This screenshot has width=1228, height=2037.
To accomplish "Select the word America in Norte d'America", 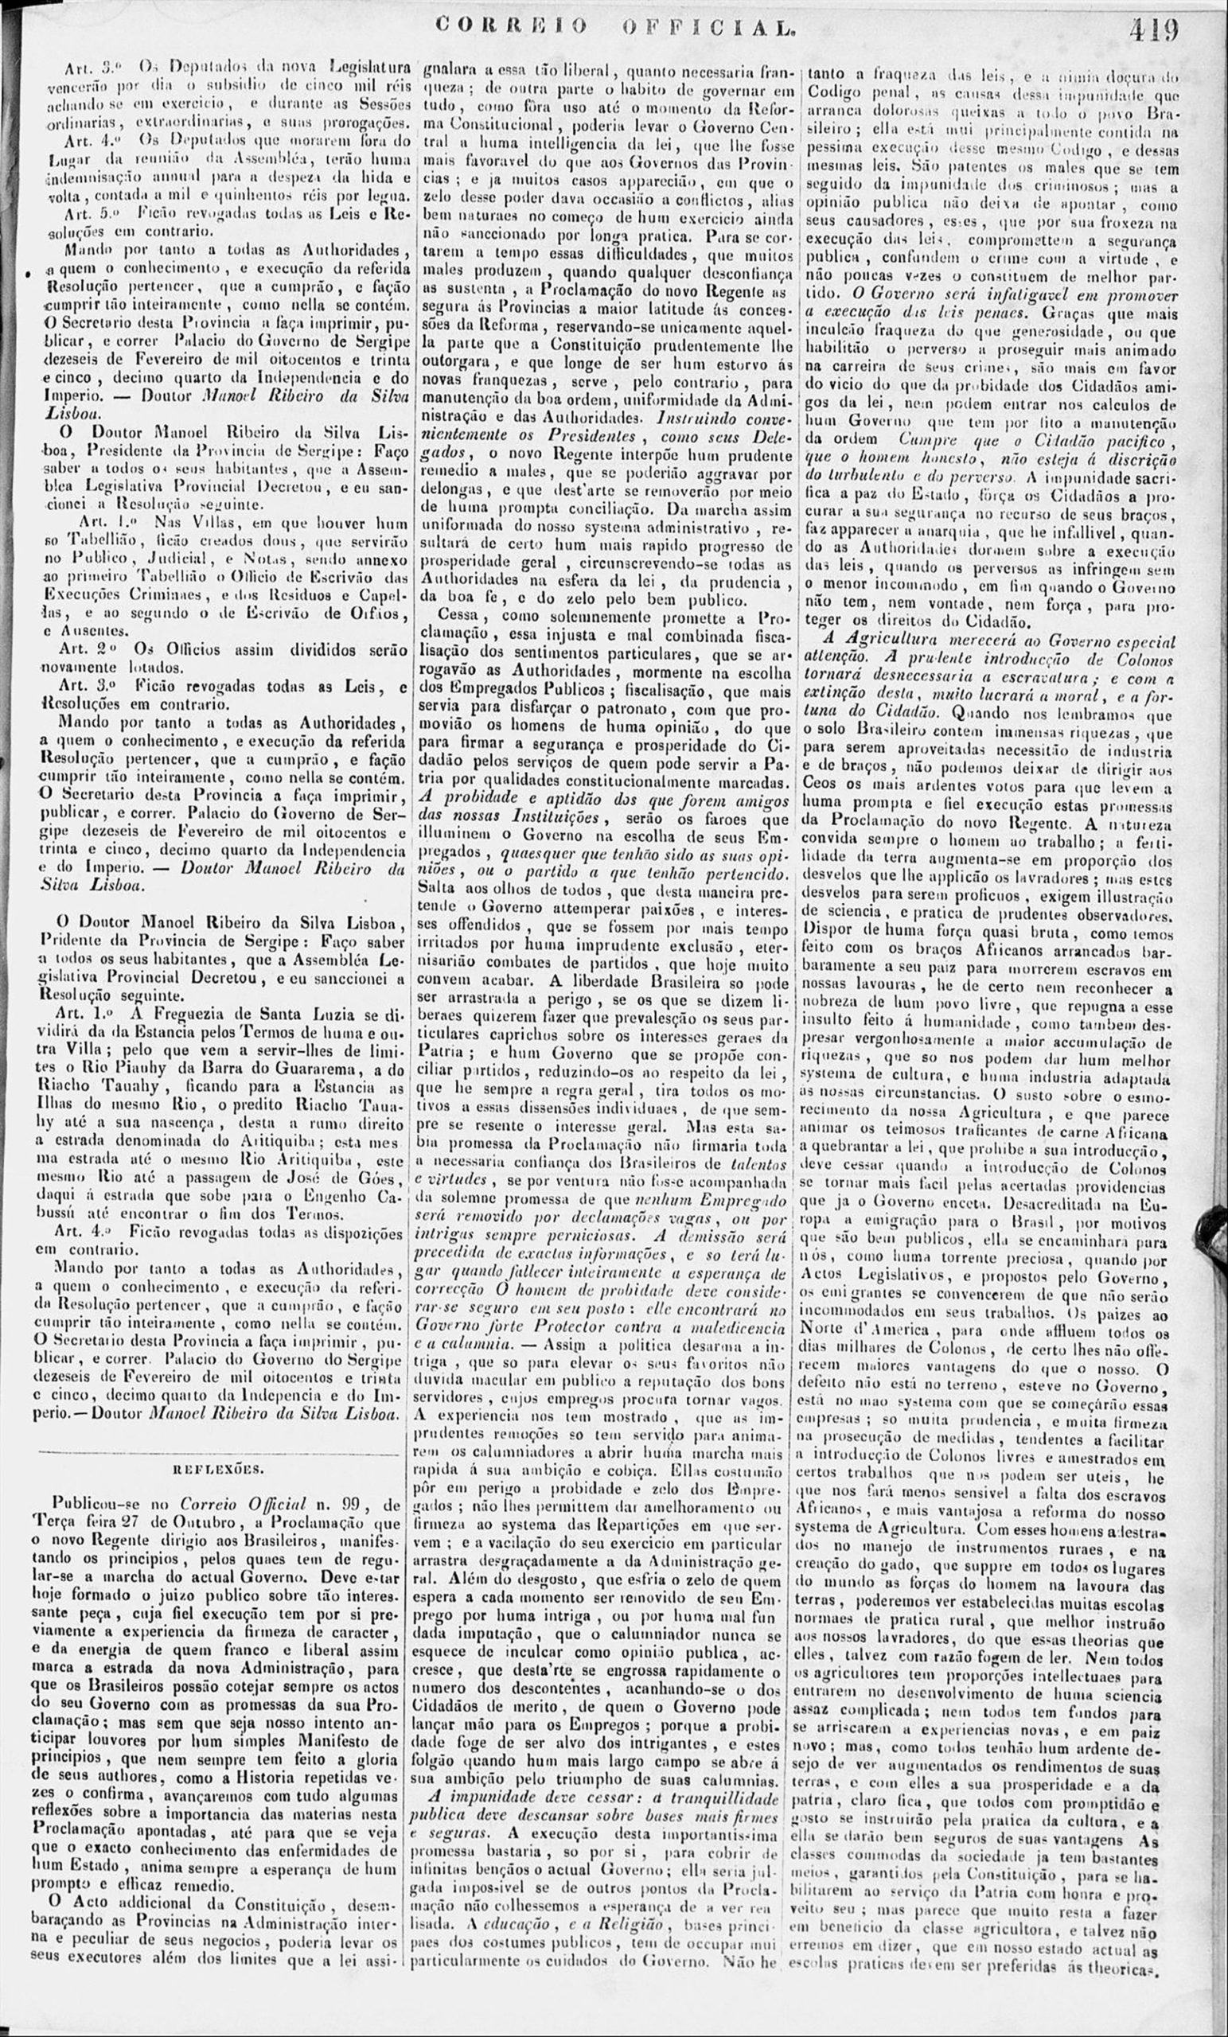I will pyautogui.click(x=898, y=1332).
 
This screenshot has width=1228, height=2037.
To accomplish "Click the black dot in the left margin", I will pyautogui.click(x=29, y=271).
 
